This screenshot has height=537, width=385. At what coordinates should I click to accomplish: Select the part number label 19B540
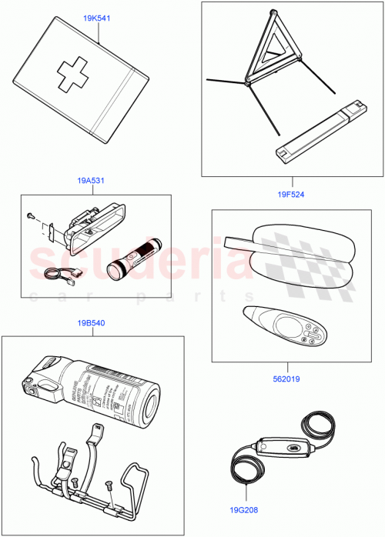(92, 323)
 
